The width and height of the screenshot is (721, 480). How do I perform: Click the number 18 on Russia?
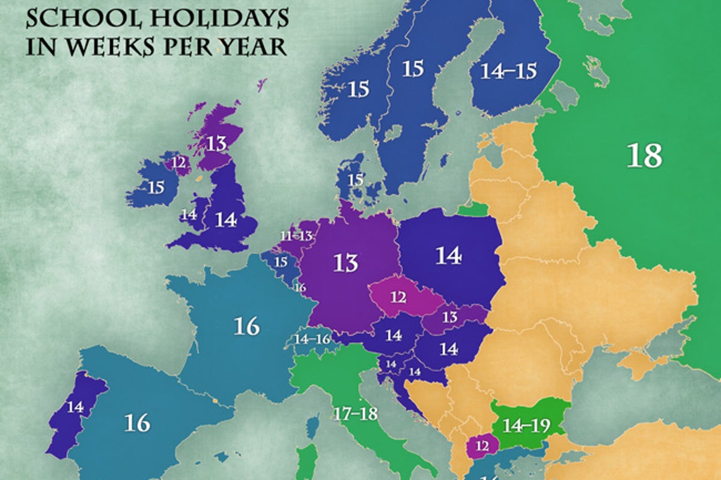[644, 155]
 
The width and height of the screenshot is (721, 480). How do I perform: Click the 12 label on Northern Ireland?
[178, 161]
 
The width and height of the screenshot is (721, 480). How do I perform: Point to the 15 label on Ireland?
[156, 187]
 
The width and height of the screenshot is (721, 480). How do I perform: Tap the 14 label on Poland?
[448, 256]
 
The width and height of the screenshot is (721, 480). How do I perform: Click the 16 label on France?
[246, 326]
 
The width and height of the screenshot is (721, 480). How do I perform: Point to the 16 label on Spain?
[137, 423]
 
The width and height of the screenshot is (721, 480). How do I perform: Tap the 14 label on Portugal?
[75, 407]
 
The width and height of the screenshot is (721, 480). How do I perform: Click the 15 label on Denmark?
[356, 179]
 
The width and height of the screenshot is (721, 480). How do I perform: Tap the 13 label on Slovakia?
[449, 317]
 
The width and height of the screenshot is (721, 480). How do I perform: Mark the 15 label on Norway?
[358, 89]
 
